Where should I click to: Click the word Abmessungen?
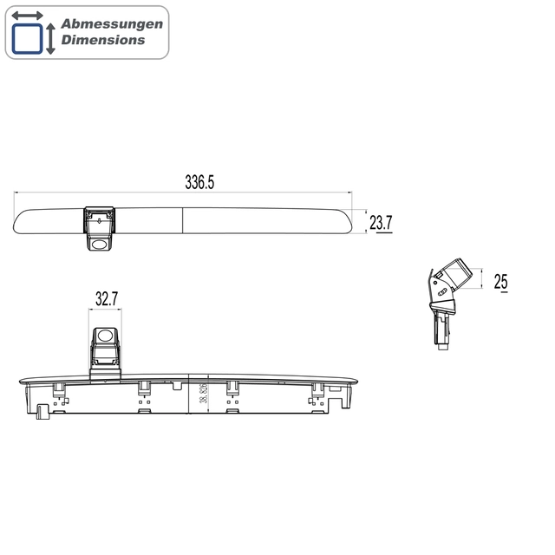click(x=112, y=24)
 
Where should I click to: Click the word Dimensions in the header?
click(x=103, y=40)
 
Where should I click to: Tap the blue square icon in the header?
click(x=27, y=39)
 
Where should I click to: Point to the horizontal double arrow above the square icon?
click(x=28, y=16)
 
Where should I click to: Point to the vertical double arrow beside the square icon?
click(x=50, y=39)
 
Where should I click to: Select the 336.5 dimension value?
click(x=199, y=182)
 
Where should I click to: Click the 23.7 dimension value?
click(x=382, y=224)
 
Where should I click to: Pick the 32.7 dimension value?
click(x=106, y=299)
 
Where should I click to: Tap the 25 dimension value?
click(x=500, y=282)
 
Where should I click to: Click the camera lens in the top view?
click(x=101, y=245)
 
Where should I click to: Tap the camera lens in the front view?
click(x=105, y=335)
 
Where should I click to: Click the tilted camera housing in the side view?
click(x=455, y=275)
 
